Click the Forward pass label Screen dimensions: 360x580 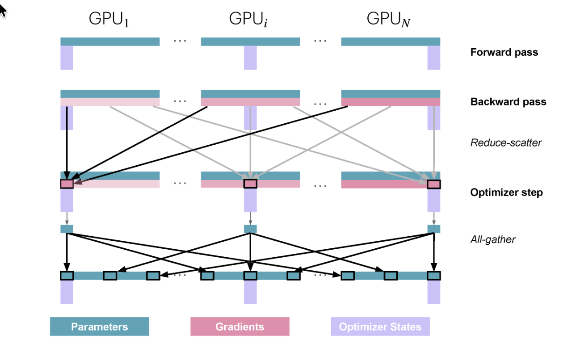(504, 52)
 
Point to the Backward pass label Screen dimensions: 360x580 (508, 102)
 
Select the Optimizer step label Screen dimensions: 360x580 (506, 193)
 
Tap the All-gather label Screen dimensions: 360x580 (493, 239)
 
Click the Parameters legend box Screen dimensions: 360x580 (99, 327)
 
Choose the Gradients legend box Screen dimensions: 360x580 (240, 327)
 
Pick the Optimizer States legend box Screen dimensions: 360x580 (380, 327)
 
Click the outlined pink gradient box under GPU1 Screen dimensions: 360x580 (67, 184)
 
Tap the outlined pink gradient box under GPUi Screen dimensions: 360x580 (250, 184)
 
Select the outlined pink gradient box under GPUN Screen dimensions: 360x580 (434, 184)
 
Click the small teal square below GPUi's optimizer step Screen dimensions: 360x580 (250, 229)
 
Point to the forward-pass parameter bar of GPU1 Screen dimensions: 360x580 (110, 42)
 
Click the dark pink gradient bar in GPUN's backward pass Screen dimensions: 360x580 (391, 102)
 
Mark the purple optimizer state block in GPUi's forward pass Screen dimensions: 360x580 (250, 58)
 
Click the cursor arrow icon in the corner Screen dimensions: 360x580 (3, 10)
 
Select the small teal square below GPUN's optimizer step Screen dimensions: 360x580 (434, 229)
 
